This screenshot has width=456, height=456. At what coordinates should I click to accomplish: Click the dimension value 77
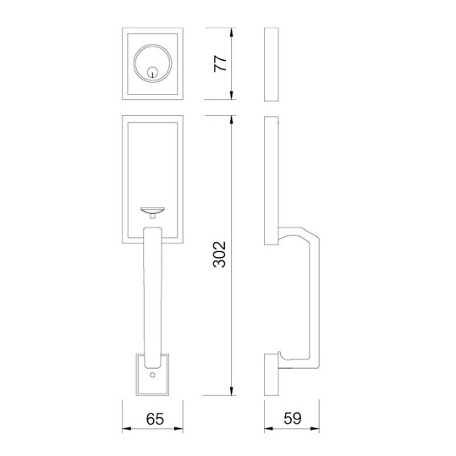[220, 63]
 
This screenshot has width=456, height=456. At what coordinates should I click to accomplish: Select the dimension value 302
[220, 254]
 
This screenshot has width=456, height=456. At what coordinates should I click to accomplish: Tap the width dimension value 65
[155, 419]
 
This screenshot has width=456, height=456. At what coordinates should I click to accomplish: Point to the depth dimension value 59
[292, 418]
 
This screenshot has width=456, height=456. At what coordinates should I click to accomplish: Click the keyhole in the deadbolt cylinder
[152, 72]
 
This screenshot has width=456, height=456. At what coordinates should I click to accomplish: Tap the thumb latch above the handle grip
[152, 212]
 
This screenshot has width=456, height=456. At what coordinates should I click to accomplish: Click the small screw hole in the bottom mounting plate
[152, 375]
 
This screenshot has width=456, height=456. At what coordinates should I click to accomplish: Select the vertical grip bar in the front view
[152, 297]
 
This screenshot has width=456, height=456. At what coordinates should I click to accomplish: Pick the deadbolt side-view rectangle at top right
[272, 64]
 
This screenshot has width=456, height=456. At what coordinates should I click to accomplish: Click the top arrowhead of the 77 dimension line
[232, 32]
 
